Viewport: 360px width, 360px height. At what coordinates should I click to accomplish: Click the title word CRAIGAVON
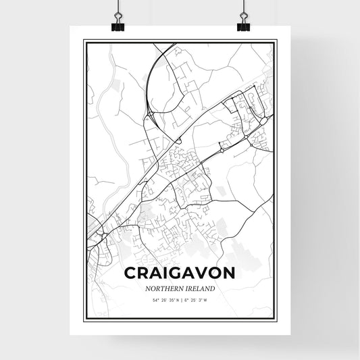180,274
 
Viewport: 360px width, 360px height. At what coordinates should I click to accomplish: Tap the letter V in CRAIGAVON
203,274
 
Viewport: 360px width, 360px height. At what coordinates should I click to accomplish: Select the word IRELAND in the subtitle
201,288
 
